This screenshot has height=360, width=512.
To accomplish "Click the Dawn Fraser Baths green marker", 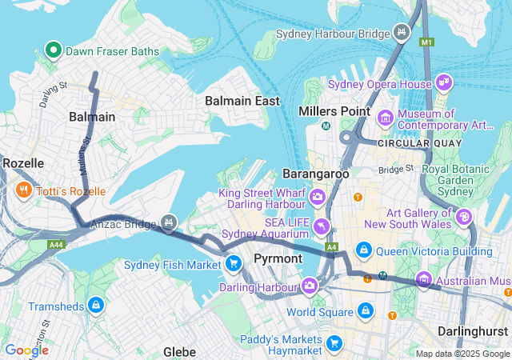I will point(54,50).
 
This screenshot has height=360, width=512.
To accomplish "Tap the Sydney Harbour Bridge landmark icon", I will point(402,33).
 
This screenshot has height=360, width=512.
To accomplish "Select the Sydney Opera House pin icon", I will point(444,82).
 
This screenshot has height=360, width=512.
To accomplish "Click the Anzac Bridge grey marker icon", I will point(168,222).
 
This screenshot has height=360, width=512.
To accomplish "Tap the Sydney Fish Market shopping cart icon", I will point(233,262).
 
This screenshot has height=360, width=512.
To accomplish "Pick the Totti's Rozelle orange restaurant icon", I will point(22,190).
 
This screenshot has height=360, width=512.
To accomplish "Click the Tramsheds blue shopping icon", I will point(95,305).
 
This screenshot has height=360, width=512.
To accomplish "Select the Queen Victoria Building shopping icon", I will point(364,250).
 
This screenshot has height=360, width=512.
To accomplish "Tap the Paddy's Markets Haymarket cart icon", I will point(334,344).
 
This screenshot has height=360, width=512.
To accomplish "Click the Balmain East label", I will point(242,101).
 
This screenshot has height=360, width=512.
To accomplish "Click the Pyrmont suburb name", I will point(278,258).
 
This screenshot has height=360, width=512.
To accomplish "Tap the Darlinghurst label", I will point(474,330).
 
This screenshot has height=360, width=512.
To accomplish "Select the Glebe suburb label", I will point(179,351).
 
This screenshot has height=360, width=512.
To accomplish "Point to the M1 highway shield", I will point(426,41).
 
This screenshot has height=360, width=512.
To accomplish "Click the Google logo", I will point(26,350).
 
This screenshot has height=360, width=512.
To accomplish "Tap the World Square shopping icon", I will point(365,310).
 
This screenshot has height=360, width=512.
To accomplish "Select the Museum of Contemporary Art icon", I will point(386,118).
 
